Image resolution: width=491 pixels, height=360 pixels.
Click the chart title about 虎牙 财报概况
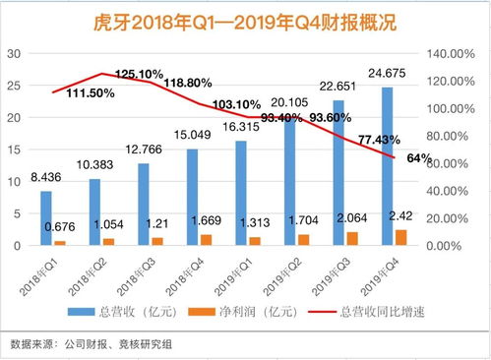(x=245, y=21)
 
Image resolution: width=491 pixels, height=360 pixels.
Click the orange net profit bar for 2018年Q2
(x=107, y=241)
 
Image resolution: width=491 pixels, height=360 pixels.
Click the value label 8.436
(x=44, y=178)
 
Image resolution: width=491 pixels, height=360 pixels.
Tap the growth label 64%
(x=419, y=159)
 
